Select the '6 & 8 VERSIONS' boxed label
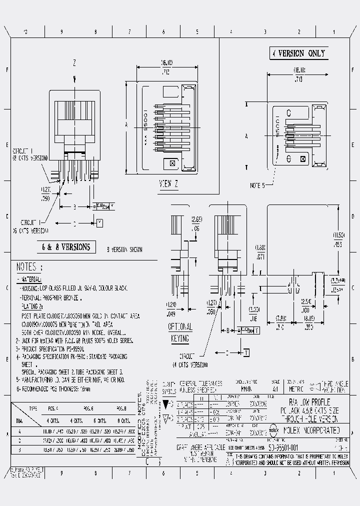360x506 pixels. coord(66,247)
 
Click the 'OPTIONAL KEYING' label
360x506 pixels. coord(180,332)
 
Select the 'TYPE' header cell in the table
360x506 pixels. coord(33,408)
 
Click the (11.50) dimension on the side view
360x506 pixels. coord(338,235)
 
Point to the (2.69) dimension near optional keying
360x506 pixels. coord(196,219)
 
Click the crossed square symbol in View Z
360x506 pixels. coord(172,163)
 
